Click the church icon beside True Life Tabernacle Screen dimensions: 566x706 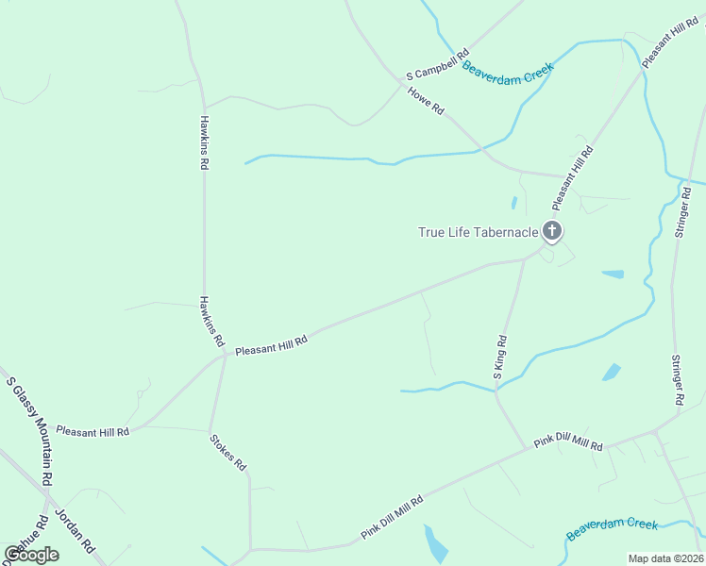tap(552, 231)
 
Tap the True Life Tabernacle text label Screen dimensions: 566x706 tap(478, 232)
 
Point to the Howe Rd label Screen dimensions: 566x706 tap(426, 100)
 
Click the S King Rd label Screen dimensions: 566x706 tap(501, 358)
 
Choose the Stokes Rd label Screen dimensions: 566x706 tap(227, 452)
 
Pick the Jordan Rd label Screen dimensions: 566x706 tap(76, 531)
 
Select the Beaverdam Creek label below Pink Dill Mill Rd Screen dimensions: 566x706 tap(612, 528)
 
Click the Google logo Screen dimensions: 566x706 tap(31, 555)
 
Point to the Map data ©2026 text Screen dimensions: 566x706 tap(665, 558)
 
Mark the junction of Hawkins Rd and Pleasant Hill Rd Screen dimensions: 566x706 tap(225, 355)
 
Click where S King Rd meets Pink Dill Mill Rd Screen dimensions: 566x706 tap(525, 448)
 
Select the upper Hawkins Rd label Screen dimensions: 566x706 tap(204, 141)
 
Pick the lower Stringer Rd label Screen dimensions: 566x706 tap(678, 380)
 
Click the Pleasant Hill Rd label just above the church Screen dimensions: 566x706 tap(572, 177)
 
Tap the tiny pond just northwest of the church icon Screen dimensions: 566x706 tap(514, 202)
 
